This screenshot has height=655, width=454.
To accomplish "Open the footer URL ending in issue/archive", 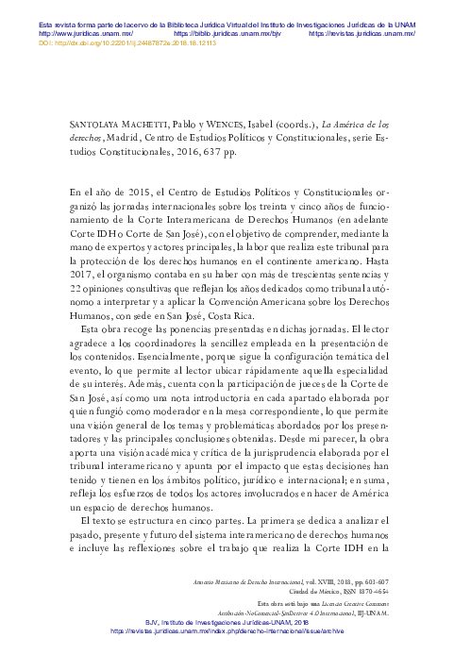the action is (227, 630).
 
